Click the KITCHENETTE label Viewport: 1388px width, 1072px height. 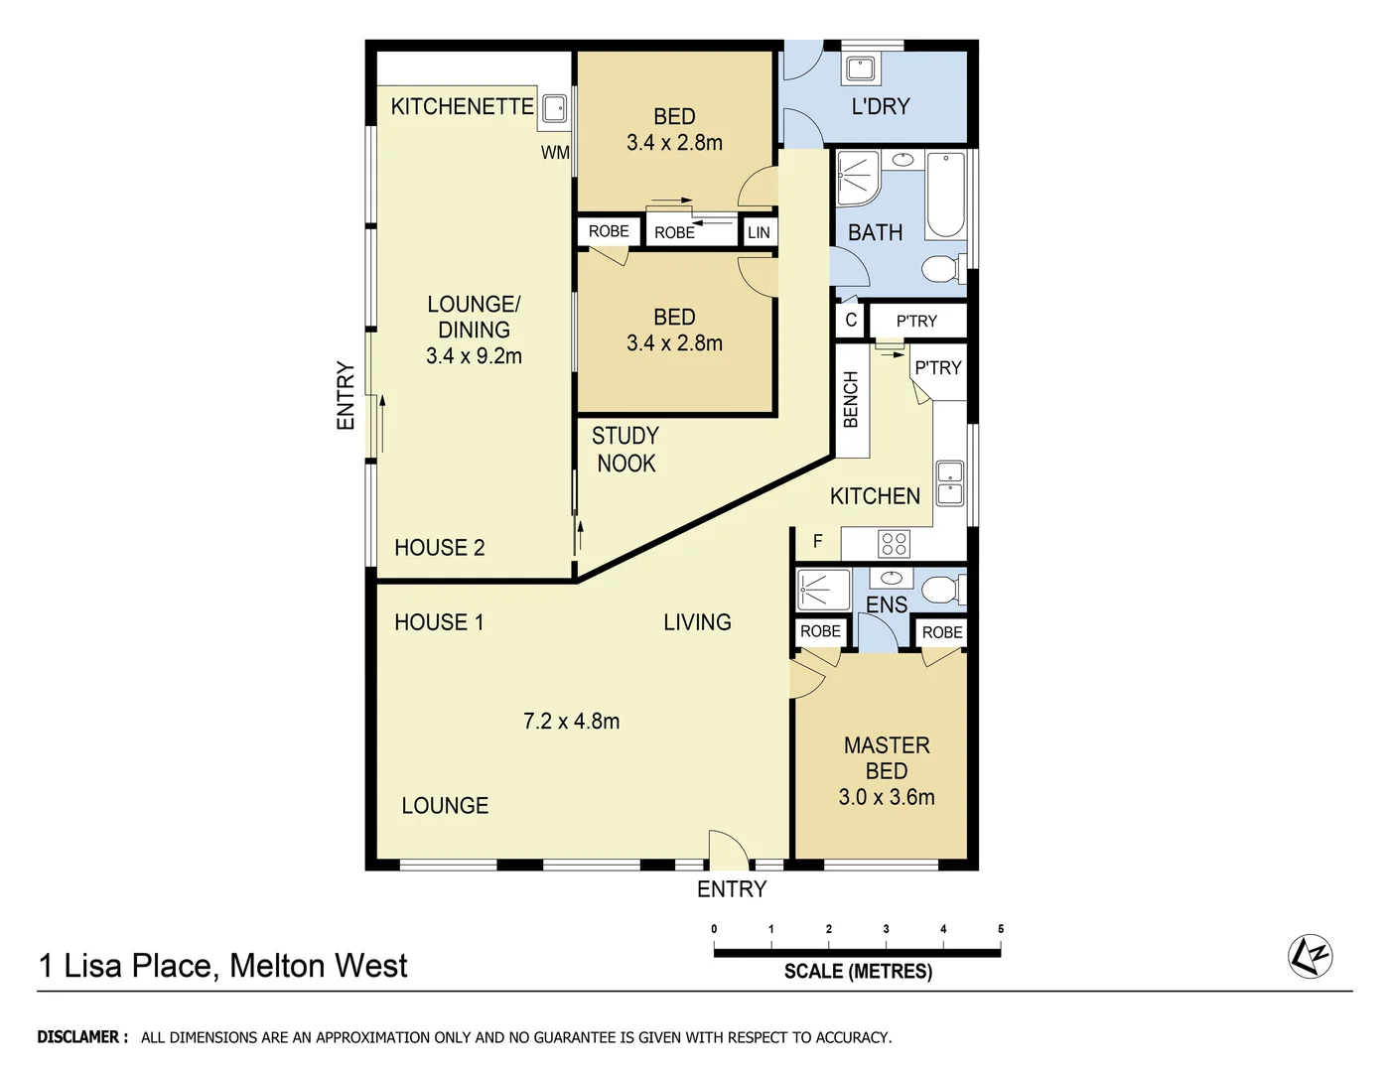point(462,106)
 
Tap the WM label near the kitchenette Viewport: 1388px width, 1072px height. point(555,152)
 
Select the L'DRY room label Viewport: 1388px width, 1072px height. point(880,106)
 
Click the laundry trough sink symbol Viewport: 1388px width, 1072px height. point(859,68)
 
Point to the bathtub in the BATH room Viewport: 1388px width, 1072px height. point(945,195)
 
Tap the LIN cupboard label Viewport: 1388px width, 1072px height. point(759,232)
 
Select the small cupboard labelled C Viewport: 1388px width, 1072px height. point(851,321)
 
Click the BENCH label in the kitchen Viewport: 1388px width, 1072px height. point(851,399)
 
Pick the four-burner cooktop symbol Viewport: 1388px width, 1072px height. point(894,543)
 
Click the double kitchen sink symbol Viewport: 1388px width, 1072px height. point(949,482)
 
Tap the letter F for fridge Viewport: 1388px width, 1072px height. point(818,541)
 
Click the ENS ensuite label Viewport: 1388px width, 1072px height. point(886,604)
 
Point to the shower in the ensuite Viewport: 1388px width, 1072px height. point(823,589)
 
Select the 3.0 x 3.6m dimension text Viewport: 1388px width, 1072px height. point(886,797)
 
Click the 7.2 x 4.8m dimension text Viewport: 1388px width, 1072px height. point(571,722)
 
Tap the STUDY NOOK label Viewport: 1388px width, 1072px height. point(625,450)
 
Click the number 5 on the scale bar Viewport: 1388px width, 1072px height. point(1000,929)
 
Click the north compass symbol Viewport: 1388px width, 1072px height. point(1310,957)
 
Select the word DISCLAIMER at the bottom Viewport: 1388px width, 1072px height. point(82,1037)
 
